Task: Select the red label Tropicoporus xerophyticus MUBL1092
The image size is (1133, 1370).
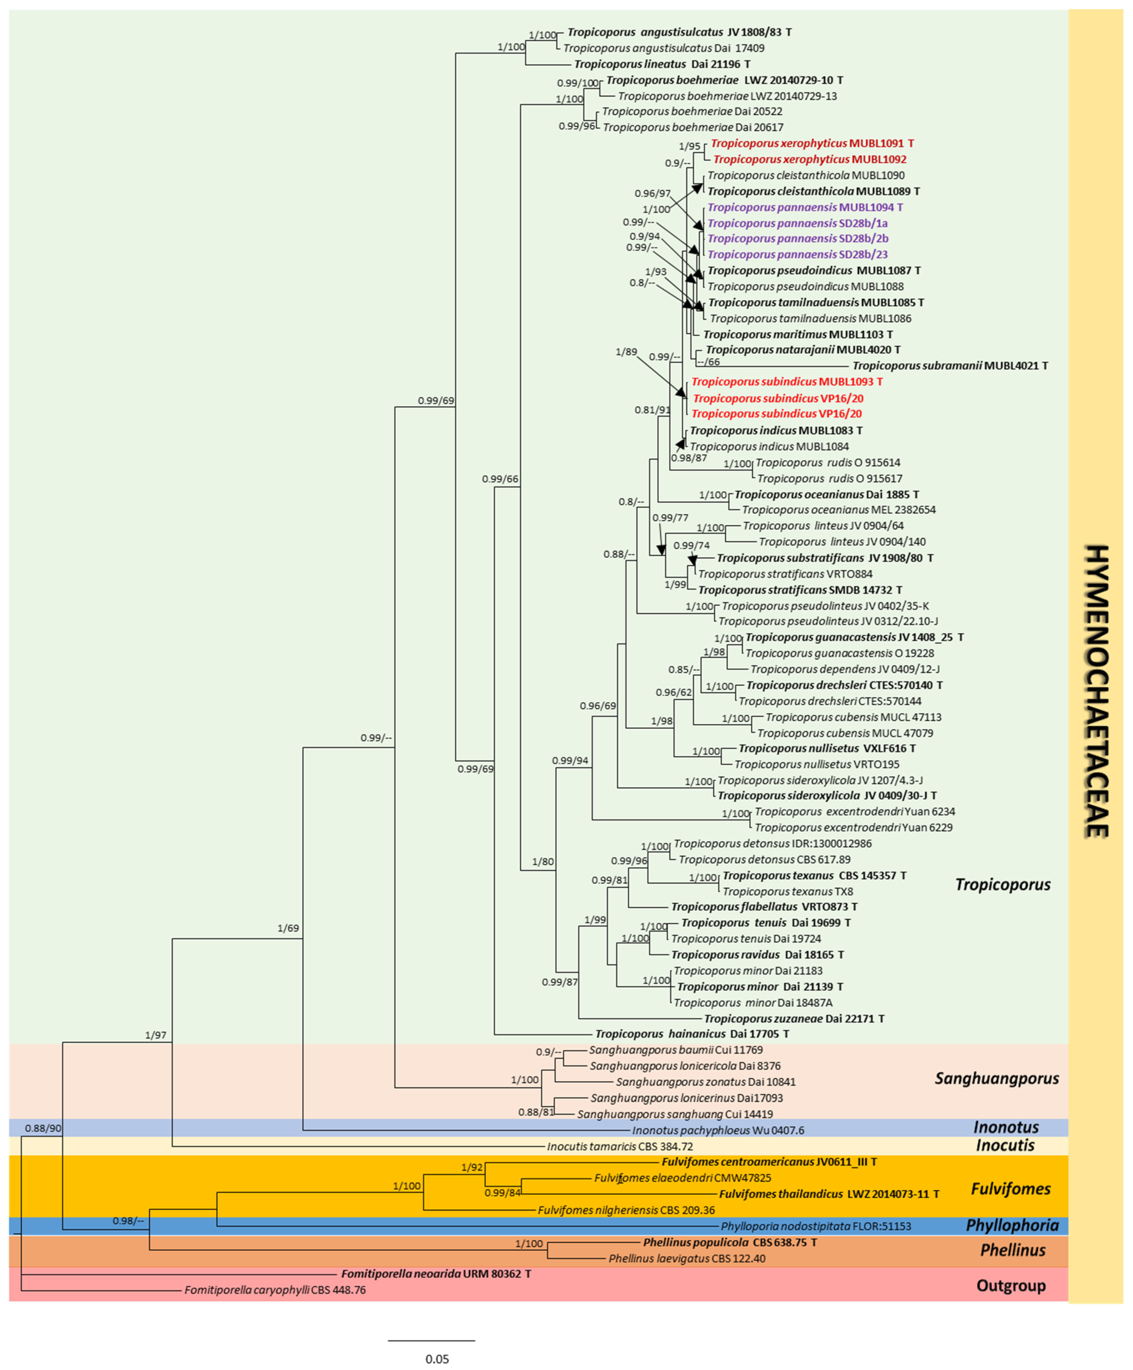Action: click(810, 159)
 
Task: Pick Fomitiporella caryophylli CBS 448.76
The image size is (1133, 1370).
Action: click(275, 1290)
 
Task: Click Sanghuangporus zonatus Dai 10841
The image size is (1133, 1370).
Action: click(706, 1082)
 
